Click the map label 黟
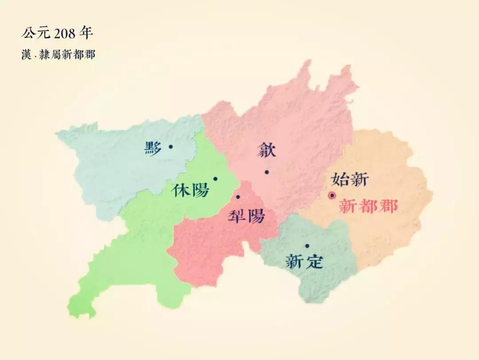point(153,148)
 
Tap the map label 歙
point(267,150)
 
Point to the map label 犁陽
point(246,216)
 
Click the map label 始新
point(350,179)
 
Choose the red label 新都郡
point(368,206)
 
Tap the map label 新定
point(304,261)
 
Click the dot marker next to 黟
point(171,146)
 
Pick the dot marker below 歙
point(267,172)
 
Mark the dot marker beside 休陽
point(215,179)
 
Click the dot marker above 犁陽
point(238,197)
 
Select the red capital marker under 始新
point(331,195)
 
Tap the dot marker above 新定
point(307,246)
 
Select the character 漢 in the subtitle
point(26,55)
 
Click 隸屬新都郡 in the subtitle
point(67,55)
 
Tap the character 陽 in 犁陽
point(256,216)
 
